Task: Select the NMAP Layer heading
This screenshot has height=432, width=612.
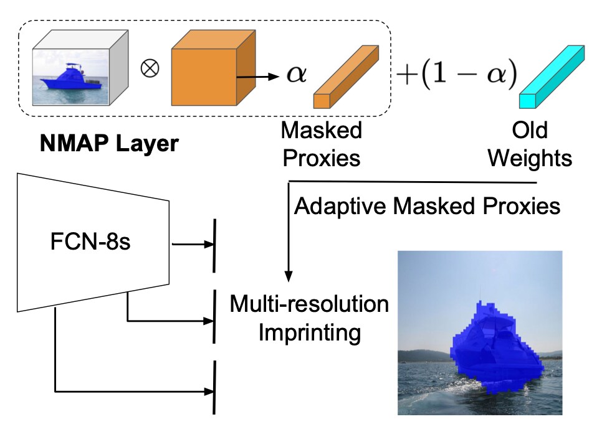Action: click(109, 144)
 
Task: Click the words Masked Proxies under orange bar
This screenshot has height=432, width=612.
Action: click(322, 144)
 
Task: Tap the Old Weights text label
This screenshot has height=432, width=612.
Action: click(530, 144)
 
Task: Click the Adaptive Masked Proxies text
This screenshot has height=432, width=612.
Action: click(427, 206)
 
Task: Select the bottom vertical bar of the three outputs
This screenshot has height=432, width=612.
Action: click(215, 387)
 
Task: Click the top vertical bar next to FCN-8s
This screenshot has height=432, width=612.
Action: click(215, 245)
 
